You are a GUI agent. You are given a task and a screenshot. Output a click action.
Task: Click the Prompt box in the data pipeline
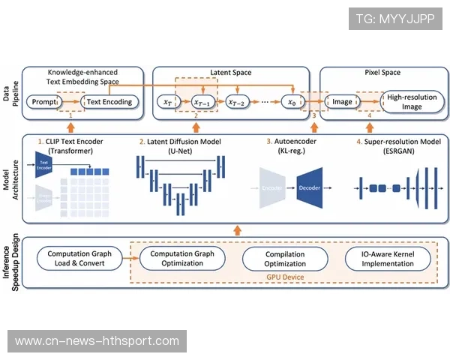43,101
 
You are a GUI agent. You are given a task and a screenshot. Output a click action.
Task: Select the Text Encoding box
109,101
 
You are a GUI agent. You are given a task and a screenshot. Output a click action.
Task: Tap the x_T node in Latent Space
166,101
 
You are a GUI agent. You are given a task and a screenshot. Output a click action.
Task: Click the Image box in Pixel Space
342,101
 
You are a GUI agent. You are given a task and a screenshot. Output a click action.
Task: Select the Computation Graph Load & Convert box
79,259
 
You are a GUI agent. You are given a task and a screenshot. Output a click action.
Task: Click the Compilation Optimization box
285,259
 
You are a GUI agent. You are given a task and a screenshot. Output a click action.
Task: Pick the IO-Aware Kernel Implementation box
388,259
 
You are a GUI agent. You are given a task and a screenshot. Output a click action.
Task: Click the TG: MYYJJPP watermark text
394,18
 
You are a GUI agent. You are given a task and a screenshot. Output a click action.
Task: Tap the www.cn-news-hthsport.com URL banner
98,341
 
